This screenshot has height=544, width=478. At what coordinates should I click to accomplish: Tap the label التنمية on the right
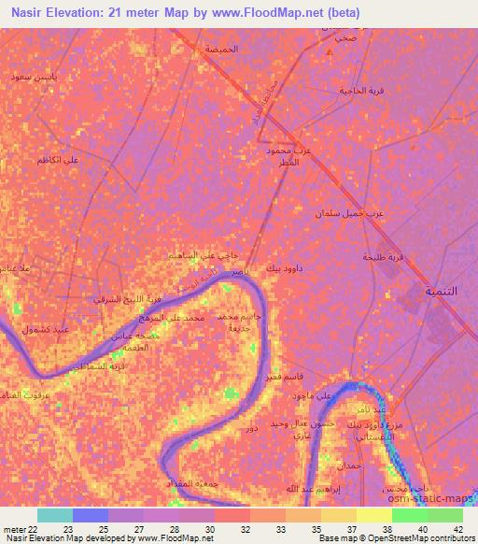442,292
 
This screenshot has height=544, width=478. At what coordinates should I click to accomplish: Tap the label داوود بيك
286,269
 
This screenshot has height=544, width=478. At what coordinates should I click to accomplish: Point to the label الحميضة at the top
247,48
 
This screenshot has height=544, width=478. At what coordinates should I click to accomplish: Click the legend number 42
457,528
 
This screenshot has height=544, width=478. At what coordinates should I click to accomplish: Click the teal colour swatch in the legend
55,515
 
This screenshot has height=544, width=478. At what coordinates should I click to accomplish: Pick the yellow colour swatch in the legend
374,515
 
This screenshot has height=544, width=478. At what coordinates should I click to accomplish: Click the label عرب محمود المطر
284,155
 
